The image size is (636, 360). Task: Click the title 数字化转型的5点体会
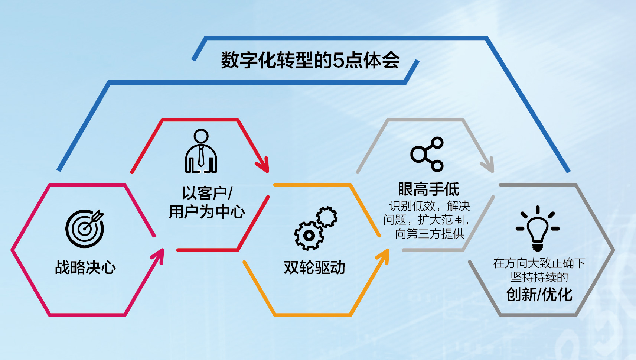310,60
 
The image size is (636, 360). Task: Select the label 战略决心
85,267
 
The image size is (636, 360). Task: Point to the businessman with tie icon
201,151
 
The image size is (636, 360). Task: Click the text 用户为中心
207,212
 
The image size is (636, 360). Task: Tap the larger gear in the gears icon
309,236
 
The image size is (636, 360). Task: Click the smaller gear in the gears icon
327,217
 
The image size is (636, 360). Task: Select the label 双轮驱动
314,267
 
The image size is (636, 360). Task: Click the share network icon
427,154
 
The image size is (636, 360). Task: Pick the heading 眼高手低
428,189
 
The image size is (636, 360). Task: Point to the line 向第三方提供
430,234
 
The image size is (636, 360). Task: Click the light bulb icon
538,229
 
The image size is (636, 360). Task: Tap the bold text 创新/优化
539,294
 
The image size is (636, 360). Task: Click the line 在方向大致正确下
539,263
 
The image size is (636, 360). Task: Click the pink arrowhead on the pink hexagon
157,257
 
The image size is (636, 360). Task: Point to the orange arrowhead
382,257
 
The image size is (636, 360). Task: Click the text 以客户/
207,193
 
